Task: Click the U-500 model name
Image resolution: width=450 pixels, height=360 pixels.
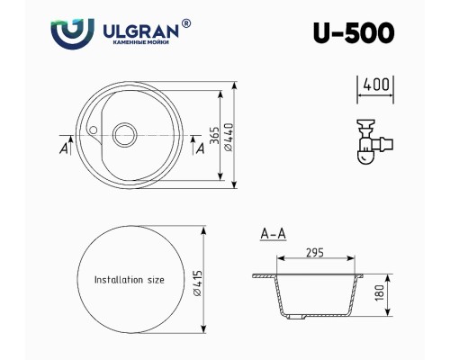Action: (x=354, y=32)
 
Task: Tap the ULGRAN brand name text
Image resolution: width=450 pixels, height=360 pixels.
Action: (x=141, y=31)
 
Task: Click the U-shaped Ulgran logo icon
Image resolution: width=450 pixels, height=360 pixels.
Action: (x=72, y=33)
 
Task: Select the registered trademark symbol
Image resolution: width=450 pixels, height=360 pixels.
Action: (x=186, y=23)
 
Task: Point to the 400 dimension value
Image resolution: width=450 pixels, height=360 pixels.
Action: (x=376, y=85)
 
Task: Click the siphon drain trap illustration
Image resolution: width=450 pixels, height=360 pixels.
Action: (x=375, y=141)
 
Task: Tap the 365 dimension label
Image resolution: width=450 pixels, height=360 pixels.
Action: (x=214, y=136)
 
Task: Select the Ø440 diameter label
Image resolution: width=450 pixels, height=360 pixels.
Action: (x=228, y=137)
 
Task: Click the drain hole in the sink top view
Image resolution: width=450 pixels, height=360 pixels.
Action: (x=124, y=135)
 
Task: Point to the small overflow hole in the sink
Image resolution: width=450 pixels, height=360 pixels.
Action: (x=94, y=130)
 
